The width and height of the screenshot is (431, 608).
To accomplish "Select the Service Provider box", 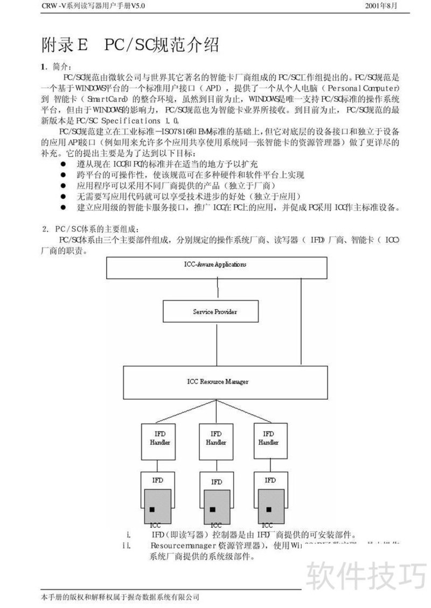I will [215, 311].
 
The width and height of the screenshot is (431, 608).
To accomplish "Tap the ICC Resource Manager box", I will [214, 382].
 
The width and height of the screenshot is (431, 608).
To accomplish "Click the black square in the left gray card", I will [152, 509].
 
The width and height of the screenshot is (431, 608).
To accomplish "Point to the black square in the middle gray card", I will [213, 509].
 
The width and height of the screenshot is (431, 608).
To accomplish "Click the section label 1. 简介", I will [55, 66].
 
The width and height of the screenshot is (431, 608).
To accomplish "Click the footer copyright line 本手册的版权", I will [120, 597].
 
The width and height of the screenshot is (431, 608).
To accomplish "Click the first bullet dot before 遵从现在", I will [63, 163].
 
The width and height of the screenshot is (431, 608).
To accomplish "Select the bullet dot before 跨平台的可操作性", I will [63, 174].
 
